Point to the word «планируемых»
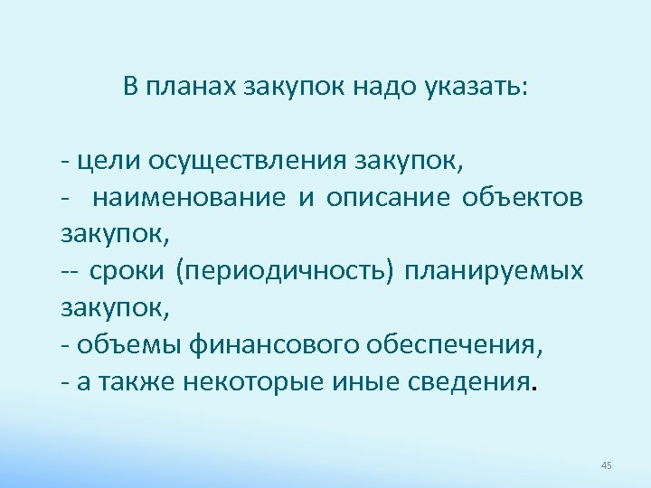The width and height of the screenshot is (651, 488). [x=495, y=270]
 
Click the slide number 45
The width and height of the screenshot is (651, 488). [x=606, y=465]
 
